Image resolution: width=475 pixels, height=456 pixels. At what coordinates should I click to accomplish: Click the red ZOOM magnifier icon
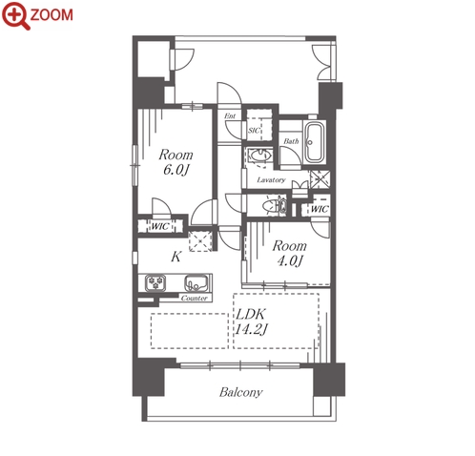coord(14,15)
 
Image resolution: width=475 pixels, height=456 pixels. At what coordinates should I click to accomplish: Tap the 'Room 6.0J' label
coord(176,162)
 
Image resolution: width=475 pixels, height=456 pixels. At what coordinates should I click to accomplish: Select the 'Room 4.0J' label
coord(290,253)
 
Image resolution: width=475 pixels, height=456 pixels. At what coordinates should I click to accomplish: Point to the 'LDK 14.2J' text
coord(251,321)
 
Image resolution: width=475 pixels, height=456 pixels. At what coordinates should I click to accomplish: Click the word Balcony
coord(240,392)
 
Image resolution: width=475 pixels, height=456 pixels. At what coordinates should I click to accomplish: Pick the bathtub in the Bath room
coord(315,142)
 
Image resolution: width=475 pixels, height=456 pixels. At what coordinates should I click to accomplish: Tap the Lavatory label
coord(271,180)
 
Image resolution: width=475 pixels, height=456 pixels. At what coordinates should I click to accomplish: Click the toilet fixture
coord(275,206)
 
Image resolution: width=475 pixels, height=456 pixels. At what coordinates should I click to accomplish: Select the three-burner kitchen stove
coord(155,282)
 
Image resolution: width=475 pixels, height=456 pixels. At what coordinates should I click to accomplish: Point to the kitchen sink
coord(196,283)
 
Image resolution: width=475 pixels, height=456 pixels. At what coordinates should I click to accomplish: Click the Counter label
coord(194,299)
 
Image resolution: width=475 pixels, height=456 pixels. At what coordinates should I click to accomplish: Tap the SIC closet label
coord(254,131)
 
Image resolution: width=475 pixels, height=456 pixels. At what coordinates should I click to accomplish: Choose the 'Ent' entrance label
coord(230,116)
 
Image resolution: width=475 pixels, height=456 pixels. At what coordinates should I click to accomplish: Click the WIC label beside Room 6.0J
coord(160,226)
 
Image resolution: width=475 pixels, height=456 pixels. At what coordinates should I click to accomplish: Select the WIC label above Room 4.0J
coord(320,209)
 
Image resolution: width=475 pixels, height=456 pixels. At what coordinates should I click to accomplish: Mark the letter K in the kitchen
coord(176,257)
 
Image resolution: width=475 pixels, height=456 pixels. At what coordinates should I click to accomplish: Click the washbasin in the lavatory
coord(260,155)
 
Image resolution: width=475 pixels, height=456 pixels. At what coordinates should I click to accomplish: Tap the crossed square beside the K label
coord(200,241)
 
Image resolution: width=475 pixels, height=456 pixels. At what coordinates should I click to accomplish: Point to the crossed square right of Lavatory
coord(320,179)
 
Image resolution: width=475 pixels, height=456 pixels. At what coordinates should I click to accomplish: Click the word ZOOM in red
coord(52,14)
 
